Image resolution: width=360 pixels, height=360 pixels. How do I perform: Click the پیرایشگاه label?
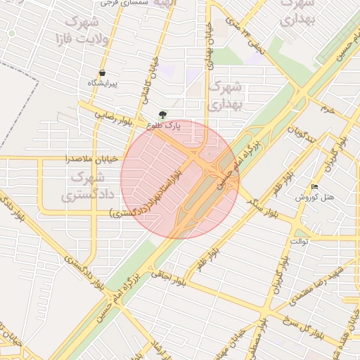click(x=103, y=84)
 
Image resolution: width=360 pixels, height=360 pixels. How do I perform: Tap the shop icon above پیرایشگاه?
click(x=103, y=72)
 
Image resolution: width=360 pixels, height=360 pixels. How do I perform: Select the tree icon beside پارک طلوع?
click(x=163, y=115)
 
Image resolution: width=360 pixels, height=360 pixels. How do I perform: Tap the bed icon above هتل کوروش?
click(x=314, y=187)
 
